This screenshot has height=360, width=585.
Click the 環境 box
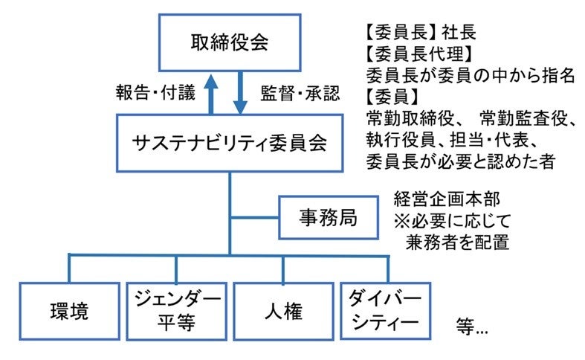tap(68, 311)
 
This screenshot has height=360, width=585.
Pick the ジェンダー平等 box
tap(175, 311)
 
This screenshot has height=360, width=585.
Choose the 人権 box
tap(282, 311)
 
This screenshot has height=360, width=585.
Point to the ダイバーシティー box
tap(385, 311)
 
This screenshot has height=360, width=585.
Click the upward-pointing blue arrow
tap(210, 92)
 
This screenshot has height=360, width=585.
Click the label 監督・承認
tap(299, 94)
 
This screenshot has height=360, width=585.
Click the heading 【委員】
tap(393, 97)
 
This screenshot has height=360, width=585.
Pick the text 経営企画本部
tap(442, 200)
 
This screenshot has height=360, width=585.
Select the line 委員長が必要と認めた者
tap(460, 161)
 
